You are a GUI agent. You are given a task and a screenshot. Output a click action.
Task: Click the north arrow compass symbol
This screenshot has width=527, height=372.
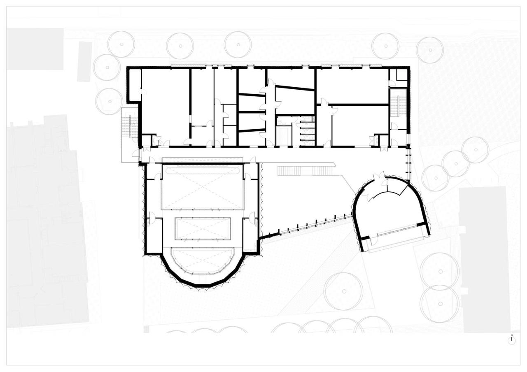[512, 340]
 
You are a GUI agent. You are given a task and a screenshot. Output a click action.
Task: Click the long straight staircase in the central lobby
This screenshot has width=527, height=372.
[306, 170]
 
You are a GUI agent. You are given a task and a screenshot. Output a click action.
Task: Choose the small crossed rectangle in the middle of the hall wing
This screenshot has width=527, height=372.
[202, 229]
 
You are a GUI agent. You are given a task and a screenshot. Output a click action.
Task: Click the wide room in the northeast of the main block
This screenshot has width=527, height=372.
[352, 86]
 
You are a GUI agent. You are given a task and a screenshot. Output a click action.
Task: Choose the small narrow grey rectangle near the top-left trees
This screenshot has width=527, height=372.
[84, 61]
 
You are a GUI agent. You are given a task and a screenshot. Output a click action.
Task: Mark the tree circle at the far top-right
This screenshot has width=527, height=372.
[430, 50]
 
